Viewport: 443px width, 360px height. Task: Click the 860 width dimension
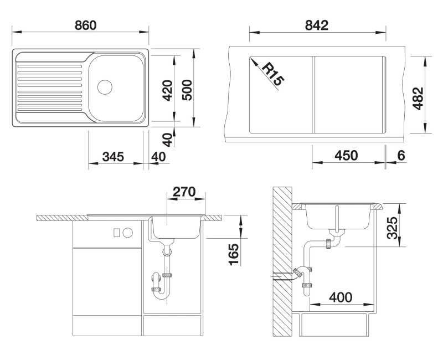pyautogui.click(x=81, y=25)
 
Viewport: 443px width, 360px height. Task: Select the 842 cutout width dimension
pyautogui.click(x=317, y=25)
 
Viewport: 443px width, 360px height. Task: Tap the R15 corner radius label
pyautogui.click(x=272, y=74)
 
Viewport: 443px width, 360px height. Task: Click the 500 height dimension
pyautogui.click(x=187, y=89)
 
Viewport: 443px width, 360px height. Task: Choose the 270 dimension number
pyautogui.click(x=184, y=192)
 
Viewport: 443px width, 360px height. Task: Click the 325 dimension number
pyautogui.click(x=392, y=228)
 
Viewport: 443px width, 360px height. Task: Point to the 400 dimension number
pyautogui.click(x=340, y=297)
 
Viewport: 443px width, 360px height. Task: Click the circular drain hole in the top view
pyautogui.click(x=105, y=87)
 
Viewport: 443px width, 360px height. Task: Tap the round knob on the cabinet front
pyautogui.click(x=128, y=232)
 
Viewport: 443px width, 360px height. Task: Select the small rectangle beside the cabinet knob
pyautogui.click(x=117, y=232)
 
